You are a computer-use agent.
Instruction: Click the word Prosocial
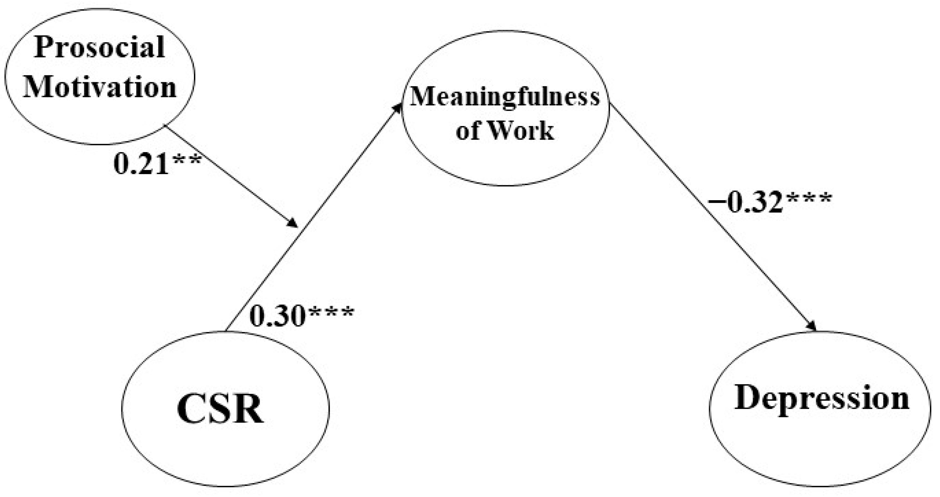[x=100, y=47]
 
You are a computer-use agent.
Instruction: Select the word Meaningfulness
[x=505, y=97]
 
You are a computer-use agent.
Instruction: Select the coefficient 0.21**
[x=157, y=164]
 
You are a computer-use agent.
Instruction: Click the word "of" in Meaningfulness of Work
[x=468, y=131]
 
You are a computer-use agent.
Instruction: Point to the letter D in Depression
[x=748, y=398]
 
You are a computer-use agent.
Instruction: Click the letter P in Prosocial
[x=43, y=47]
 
